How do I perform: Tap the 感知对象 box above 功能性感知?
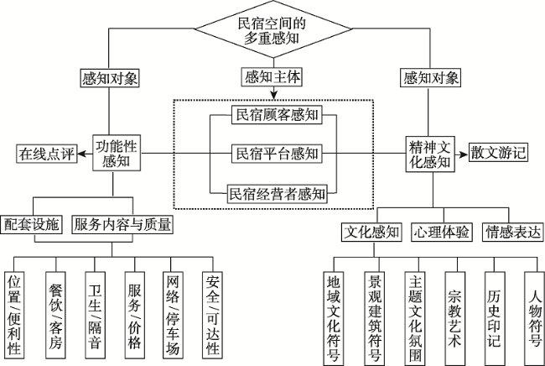pos(111,79)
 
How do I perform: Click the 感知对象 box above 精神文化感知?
pos(431,79)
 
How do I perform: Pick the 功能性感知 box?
pos(117,153)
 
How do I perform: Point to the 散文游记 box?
pos(498,153)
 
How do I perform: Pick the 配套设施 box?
pos(33,224)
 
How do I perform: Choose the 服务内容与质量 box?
pos(123,224)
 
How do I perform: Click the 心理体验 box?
pos(441,230)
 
